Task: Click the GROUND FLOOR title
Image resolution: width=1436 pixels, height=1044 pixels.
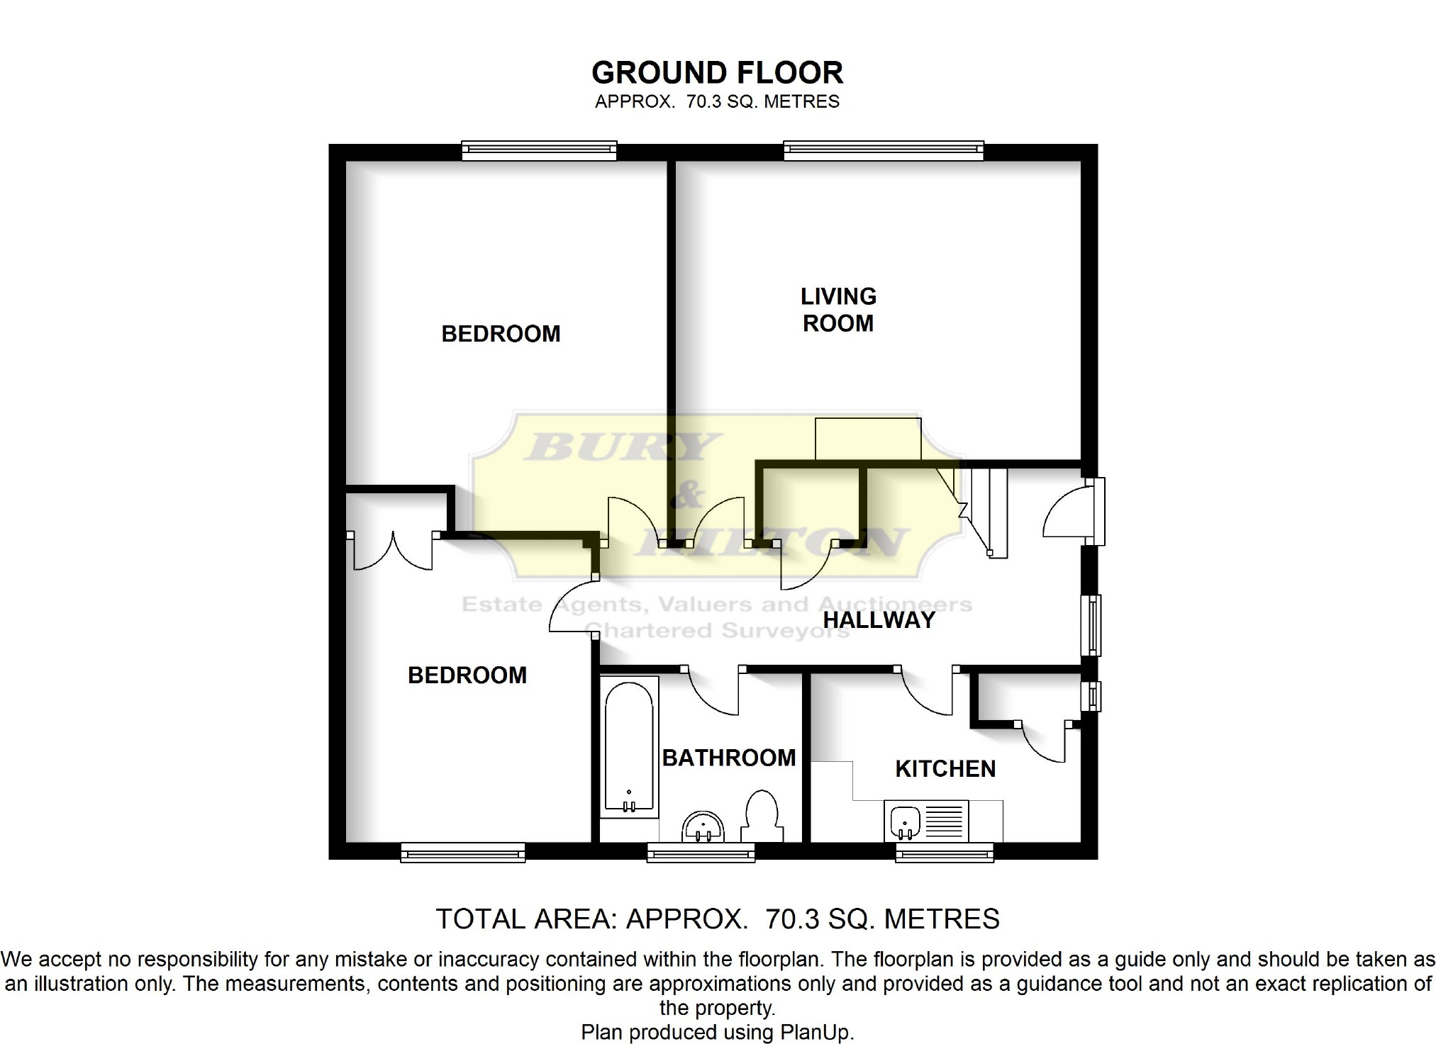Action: pos(717,73)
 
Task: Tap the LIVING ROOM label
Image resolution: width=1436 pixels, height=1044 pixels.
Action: pos(838,310)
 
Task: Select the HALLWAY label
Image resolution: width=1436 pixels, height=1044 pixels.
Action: pos(879,620)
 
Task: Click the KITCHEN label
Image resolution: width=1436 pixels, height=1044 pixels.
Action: pos(945,769)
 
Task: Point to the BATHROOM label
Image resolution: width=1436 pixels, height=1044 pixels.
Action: pos(729,758)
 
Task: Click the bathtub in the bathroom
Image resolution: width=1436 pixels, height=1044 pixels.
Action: pos(629,747)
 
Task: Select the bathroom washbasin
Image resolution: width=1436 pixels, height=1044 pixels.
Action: pos(703,826)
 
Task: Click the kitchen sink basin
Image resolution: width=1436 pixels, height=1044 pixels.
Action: pos(903,821)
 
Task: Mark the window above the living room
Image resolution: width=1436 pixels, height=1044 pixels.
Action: pos(884,150)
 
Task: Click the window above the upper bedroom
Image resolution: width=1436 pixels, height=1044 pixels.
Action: pos(539,150)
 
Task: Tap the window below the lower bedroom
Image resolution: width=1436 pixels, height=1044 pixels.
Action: pos(462,851)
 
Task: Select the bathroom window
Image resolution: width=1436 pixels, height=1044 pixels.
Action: pos(701,851)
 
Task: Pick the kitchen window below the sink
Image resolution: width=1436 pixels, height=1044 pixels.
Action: pos(945,851)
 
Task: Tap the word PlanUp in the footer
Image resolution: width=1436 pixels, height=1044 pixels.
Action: pos(816,1033)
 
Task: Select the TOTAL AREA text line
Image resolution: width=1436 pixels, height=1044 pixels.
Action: pos(717,919)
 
